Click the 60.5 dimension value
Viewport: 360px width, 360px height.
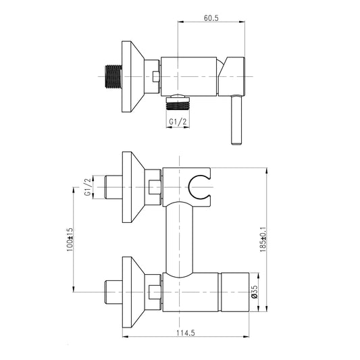click(x=211, y=18)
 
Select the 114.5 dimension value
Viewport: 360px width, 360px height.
click(x=186, y=333)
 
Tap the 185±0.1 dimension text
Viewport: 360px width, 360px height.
click(x=263, y=240)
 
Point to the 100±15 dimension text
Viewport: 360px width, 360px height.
click(x=70, y=239)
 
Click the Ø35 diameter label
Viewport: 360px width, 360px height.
click(x=255, y=292)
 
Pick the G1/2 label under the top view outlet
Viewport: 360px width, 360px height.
click(x=178, y=122)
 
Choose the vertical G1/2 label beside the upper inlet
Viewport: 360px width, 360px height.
click(x=88, y=187)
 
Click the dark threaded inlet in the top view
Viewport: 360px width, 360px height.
click(x=113, y=76)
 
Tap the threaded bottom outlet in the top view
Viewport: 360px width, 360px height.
click(x=178, y=103)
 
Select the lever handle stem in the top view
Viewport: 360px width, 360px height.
click(x=236, y=120)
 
